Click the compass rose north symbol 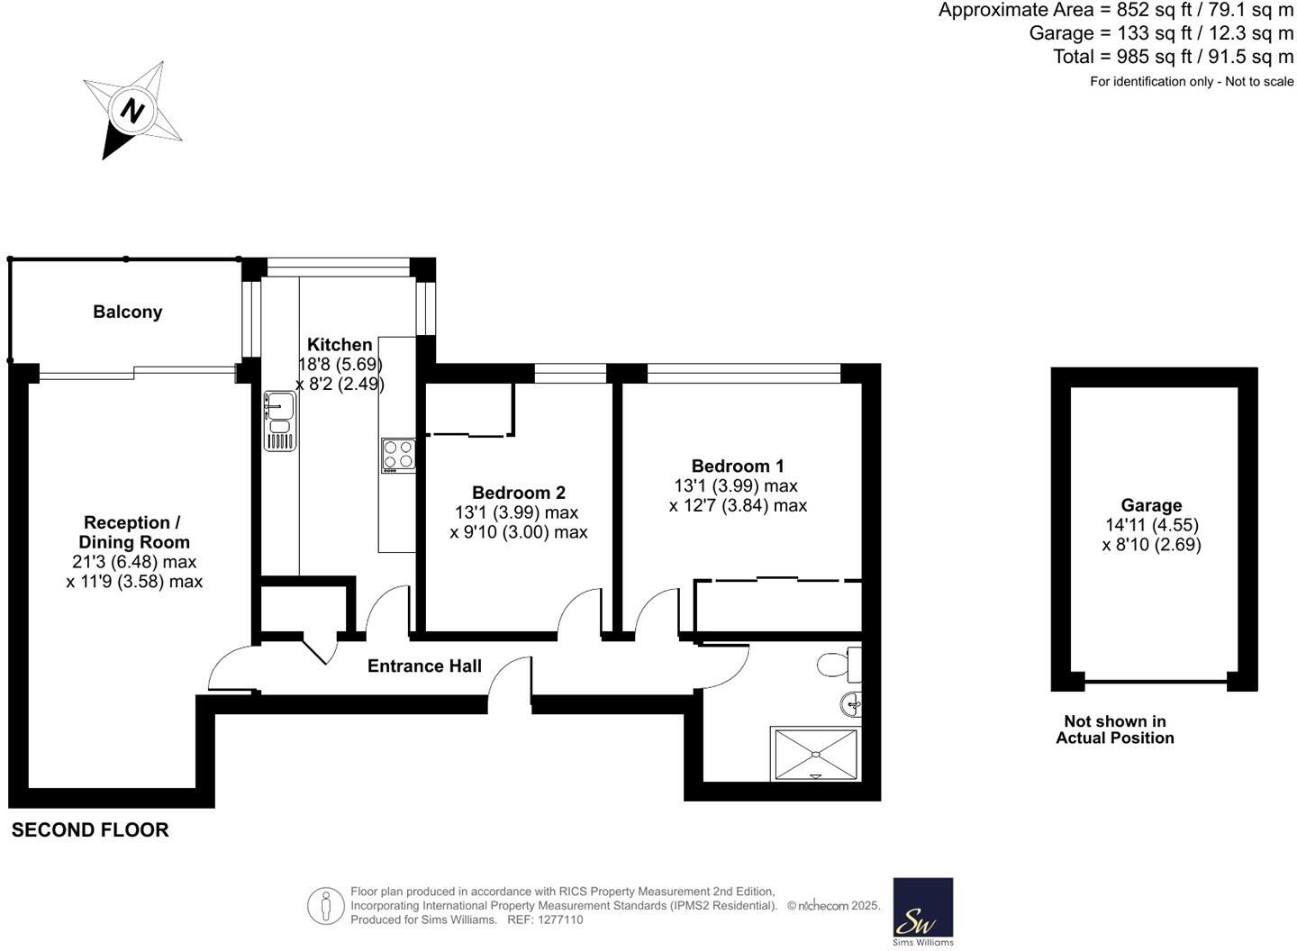tap(133, 111)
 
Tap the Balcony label tap(128, 312)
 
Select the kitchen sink tap(279, 421)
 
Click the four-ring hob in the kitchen tap(397, 455)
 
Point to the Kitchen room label tap(340, 345)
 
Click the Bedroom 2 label tap(519, 493)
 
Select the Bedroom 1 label tap(738, 466)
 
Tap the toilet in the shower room tap(839, 665)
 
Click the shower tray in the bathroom tap(815, 754)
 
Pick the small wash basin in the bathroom tap(851, 703)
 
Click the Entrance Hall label tap(424, 666)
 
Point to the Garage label tap(1151, 505)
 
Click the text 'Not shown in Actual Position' tap(1115, 729)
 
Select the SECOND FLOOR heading tap(90, 830)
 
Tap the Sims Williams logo tap(922, 910)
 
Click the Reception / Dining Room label tap(133, 532)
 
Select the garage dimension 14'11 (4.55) tap(1151, 525)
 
